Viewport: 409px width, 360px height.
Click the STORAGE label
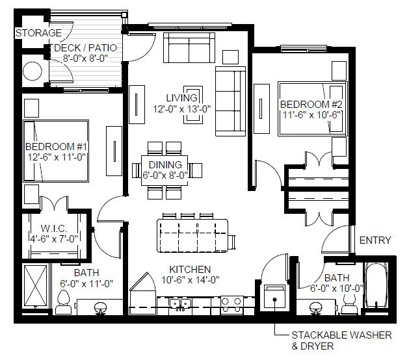point(39,32)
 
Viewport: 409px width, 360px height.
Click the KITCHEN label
point(190,270)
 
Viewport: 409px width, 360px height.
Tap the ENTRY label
point(375,240)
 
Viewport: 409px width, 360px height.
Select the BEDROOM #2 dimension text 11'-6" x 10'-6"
point(311,114)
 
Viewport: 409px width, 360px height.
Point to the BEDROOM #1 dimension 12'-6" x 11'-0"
point(56,157)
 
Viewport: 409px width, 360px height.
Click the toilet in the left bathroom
point(64,300)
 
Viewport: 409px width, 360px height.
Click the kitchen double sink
point(180,303)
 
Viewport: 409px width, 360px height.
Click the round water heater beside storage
point(33,70)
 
